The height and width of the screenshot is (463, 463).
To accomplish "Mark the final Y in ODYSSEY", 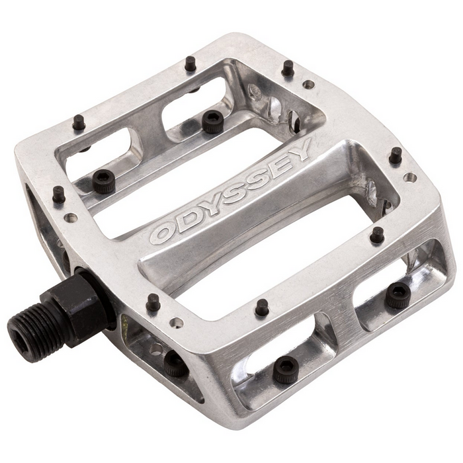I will pyautogui.click(x=299, y=153).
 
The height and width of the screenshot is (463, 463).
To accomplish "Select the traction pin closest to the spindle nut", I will pyautogui.click(x=153, y=302).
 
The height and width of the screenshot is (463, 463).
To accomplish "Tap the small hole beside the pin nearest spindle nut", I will pyautogui.click(x=177, y=323).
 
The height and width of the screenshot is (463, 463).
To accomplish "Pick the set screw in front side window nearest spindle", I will pyautogui.click(x=175, y=362).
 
